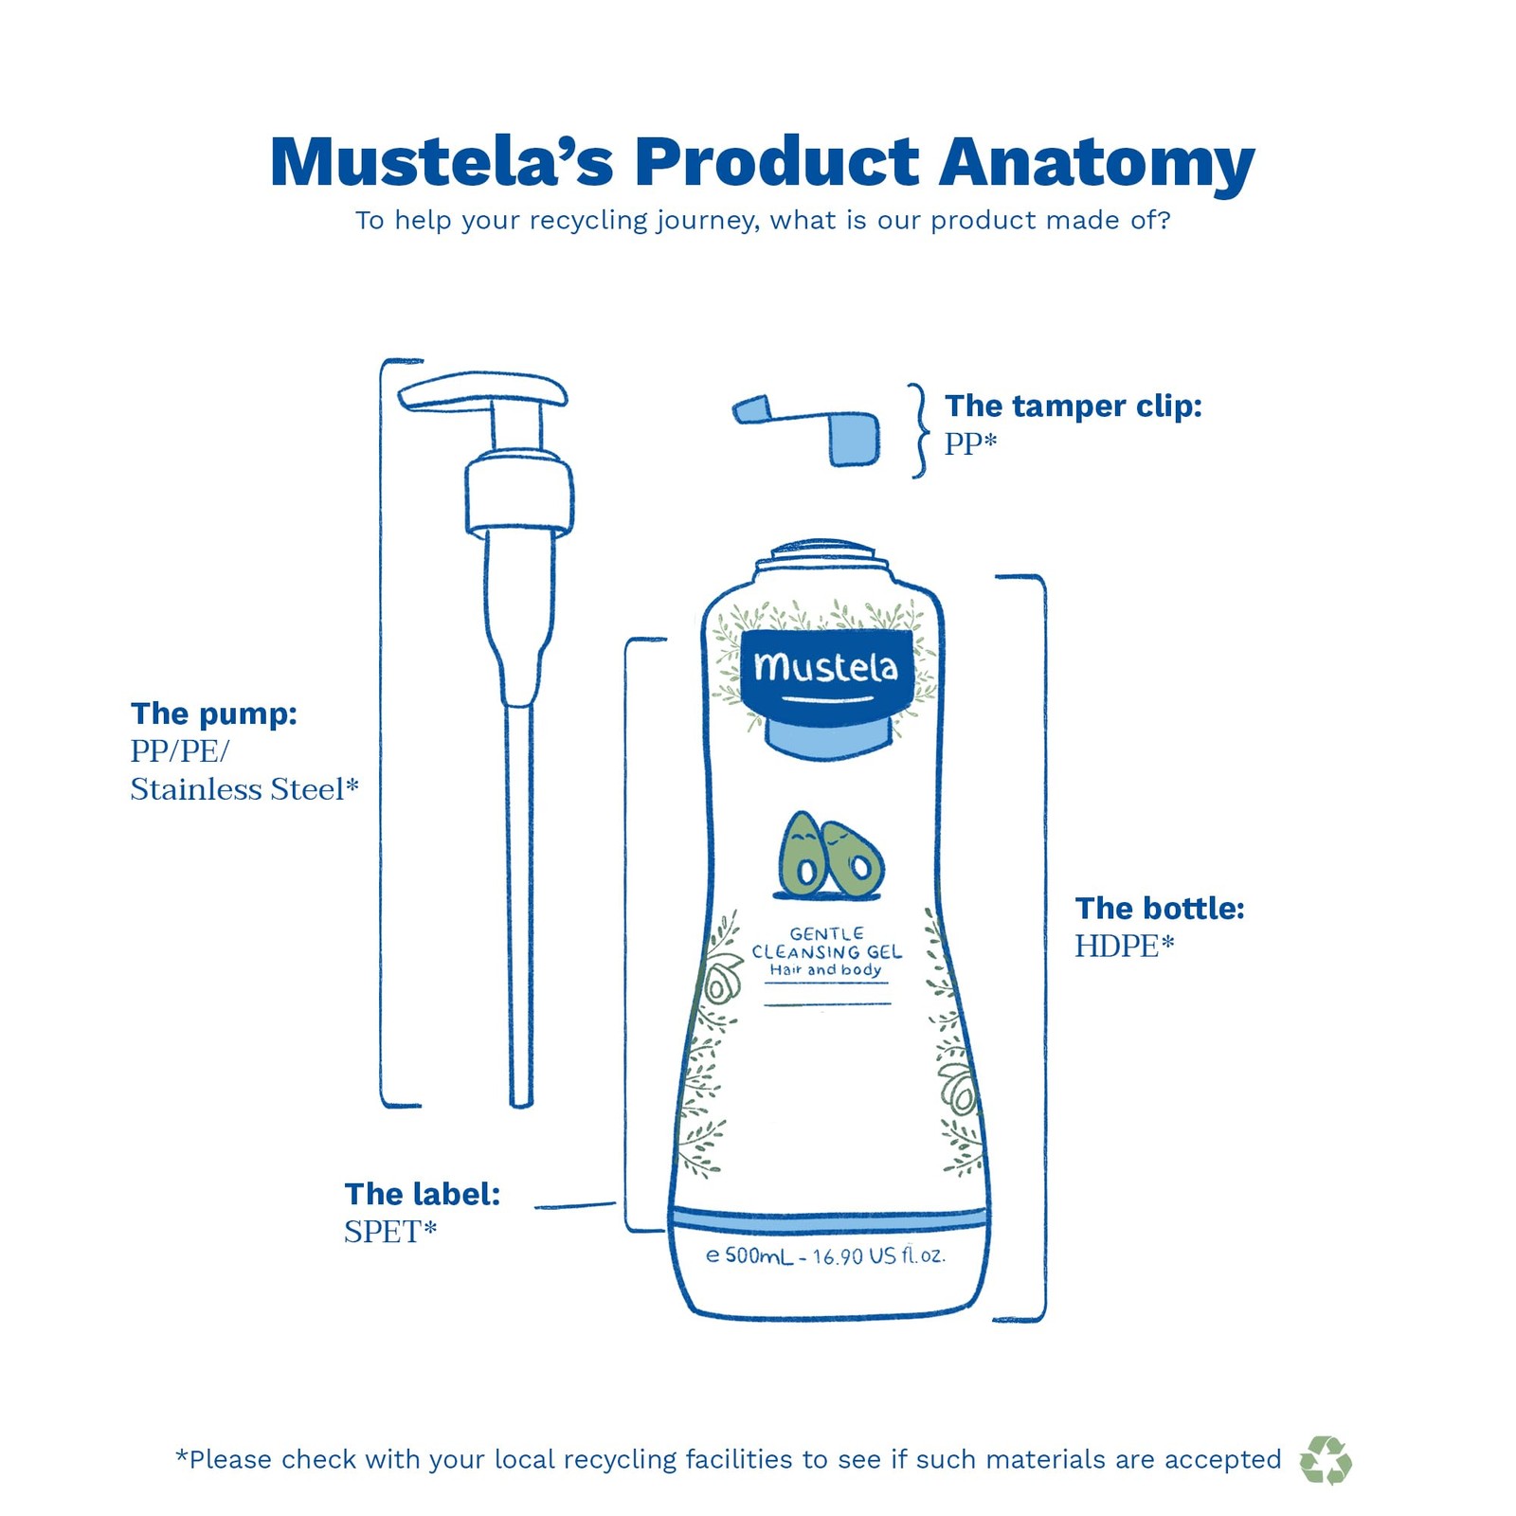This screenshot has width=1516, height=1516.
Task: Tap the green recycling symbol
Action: tap(1325, 1459)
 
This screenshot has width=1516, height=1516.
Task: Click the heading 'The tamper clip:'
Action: tap(1073, 406)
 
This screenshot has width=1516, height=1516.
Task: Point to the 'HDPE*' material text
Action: tap(1124, 946)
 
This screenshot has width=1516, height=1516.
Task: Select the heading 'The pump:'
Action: tap(214, 713)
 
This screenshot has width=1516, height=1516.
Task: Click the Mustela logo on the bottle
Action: tap(825, 669)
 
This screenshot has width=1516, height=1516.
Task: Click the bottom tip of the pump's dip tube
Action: tap(521, 1099)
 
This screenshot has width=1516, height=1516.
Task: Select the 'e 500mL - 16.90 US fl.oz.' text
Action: tap(825, 1256)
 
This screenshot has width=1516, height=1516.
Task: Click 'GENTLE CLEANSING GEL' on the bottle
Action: tap(826, 944)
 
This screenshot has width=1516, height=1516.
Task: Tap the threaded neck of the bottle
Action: tap(822, 558)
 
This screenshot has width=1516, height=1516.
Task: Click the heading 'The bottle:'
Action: tap(1160, 909)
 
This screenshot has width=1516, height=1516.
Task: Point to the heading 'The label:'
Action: tap(423, 1194)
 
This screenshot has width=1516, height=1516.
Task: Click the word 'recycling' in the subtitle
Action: tap(587, 221)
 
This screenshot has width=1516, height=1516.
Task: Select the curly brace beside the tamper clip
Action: tap(918, 431)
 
